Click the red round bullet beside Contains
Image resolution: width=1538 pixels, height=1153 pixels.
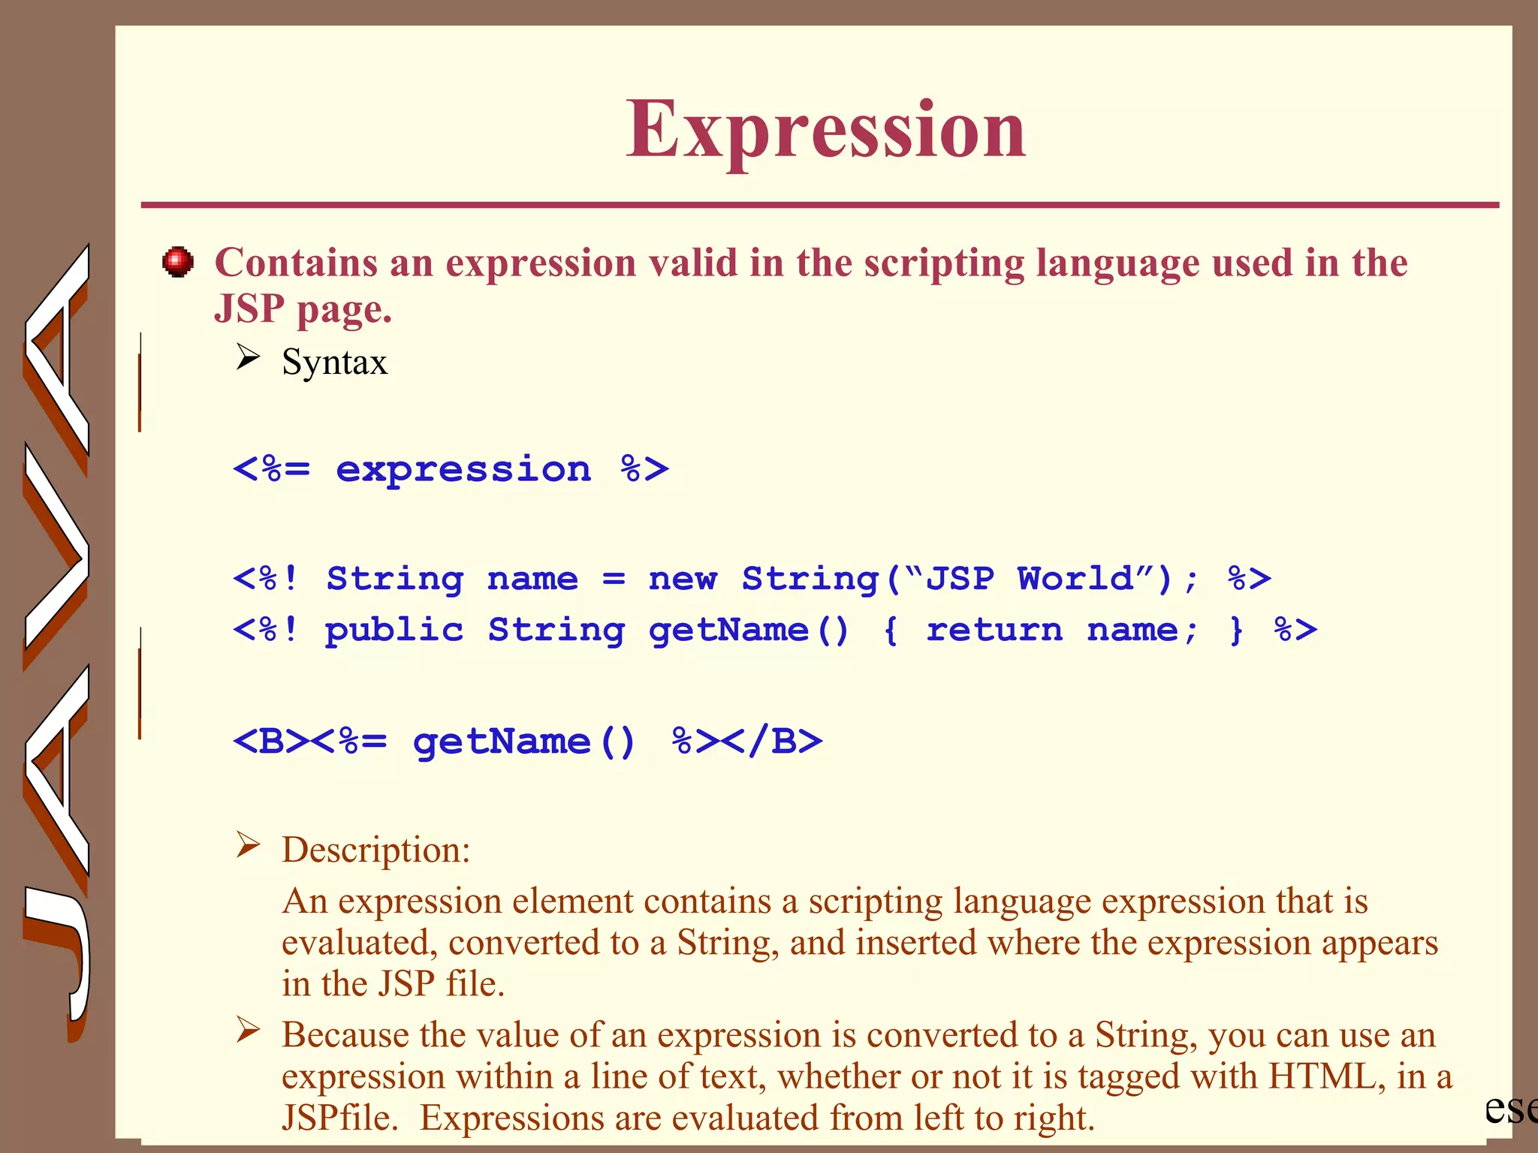point(178,262)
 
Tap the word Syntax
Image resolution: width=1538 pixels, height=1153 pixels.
point(334,363)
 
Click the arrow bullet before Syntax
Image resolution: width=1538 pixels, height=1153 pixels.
point(248,357)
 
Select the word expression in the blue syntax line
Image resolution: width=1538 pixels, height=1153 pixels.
point(463,471)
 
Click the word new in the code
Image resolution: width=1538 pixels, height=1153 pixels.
point(682,579)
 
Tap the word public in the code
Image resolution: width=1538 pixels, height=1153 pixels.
point(394,631)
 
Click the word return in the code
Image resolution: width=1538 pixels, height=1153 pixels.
point(994,631)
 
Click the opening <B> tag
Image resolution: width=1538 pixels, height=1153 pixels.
point(270,742)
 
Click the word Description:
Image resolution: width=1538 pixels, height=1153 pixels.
point(375,850)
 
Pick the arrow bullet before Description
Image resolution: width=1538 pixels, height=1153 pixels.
point(248,845)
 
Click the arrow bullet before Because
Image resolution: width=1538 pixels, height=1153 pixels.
point(248,1030)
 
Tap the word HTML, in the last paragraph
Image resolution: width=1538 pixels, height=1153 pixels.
point(1326,1076)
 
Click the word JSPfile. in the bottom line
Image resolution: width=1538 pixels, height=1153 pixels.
point(339,1118)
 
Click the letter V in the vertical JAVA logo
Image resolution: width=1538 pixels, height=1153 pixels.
point(57,555)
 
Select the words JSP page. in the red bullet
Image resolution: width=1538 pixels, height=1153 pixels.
point(303,309)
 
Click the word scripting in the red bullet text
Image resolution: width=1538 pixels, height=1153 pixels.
point(943,263)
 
